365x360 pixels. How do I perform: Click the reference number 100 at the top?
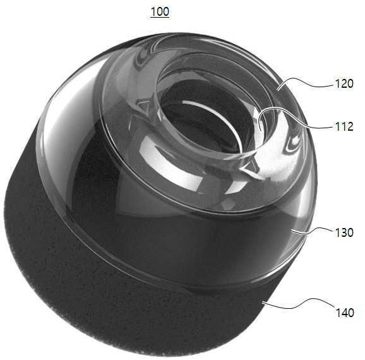pyautogui.click(x=160, y=11)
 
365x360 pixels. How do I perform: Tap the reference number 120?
pyautogui.click(x=344, y=83)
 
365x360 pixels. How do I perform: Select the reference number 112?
pyautogui.click(x=344, y=126)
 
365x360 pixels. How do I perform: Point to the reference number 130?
pyautogui.click(x=344, y=232)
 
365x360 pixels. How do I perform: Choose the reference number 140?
pyautogui.click(x=345, y=312)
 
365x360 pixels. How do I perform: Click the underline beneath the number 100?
pyautogui.click(x=160, y=18)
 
